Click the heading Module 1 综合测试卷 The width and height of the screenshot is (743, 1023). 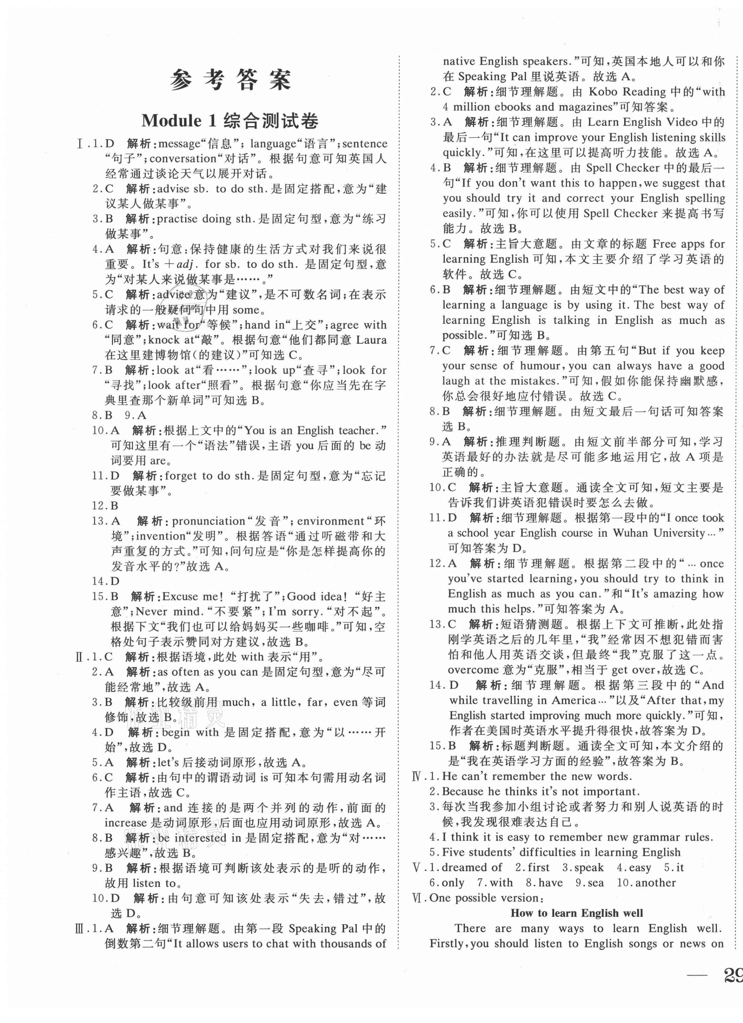230,121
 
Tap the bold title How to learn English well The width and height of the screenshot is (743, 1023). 577,913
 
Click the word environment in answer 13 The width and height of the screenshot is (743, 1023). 335,521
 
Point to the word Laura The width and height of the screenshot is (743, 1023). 371,340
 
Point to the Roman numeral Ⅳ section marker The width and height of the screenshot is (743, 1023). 417,776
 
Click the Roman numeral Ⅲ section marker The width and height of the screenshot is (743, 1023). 82,928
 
